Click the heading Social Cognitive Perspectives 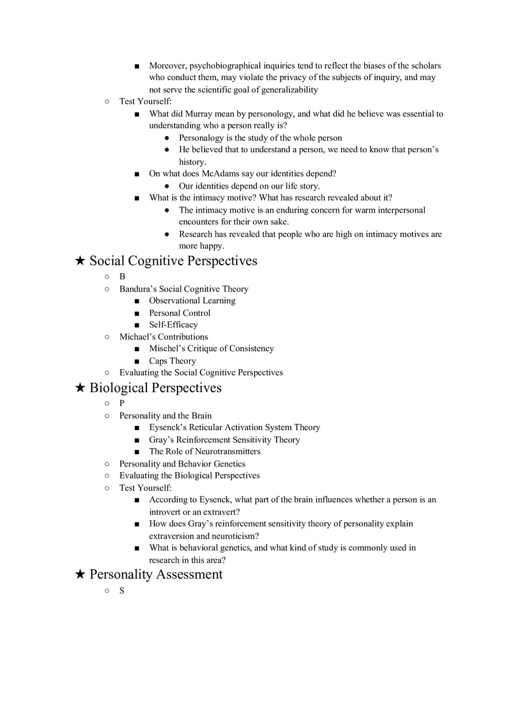[173, 261]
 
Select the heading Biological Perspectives [155, 388]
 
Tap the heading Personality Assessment [156, 575]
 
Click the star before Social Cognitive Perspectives [80, 261]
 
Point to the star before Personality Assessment [80, 575]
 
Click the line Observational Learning [192, 300]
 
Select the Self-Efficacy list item [173, 325]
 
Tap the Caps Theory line [172, 361]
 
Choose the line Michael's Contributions [164, 337]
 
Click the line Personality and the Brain [165, 416]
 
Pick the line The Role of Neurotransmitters [205, 451]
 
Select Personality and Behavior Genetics [182, 464]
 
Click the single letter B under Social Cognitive [122, 277]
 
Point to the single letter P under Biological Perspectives [122, 404]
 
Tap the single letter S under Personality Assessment [122, 591]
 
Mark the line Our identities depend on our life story [249, 186]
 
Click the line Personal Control [180, 313]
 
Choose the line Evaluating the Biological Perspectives [190, 476]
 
